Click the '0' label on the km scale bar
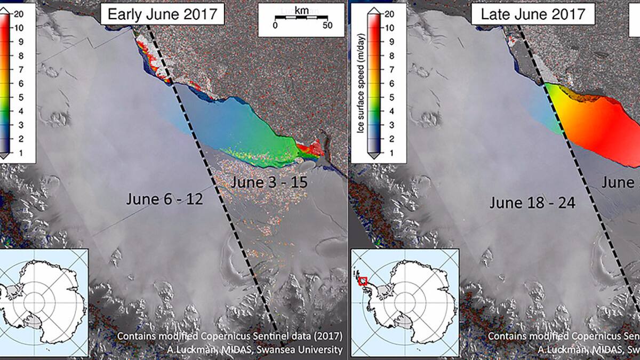275,26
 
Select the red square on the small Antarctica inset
363,281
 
